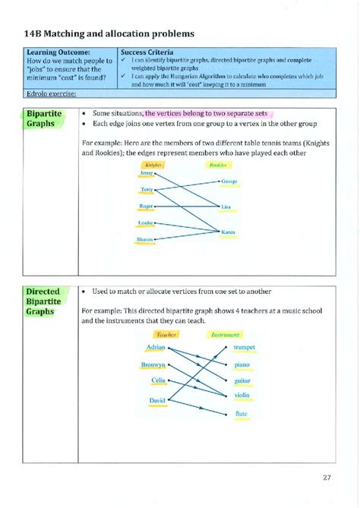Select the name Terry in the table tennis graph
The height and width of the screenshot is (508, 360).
(147, 189)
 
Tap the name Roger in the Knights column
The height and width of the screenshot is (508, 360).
(147, 206)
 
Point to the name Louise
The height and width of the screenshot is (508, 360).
(146, 222)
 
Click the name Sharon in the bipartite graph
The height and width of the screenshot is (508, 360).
(145, 239)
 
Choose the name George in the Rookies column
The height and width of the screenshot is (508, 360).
(229, 181)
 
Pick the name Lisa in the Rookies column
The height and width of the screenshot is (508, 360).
(226, 207)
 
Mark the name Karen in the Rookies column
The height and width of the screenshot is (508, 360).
(228, 232)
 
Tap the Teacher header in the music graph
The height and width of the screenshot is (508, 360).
(166, 334)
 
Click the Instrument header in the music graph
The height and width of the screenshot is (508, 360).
(226, 334)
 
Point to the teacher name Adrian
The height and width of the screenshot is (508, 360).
(155, 347)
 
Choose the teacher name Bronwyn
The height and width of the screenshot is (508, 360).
(153, 364)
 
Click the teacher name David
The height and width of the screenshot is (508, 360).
(157, 400)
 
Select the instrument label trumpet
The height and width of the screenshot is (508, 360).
(245, 347)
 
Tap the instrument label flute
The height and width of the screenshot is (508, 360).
(242, 414)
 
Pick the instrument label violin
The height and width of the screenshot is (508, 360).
(242, 395)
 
